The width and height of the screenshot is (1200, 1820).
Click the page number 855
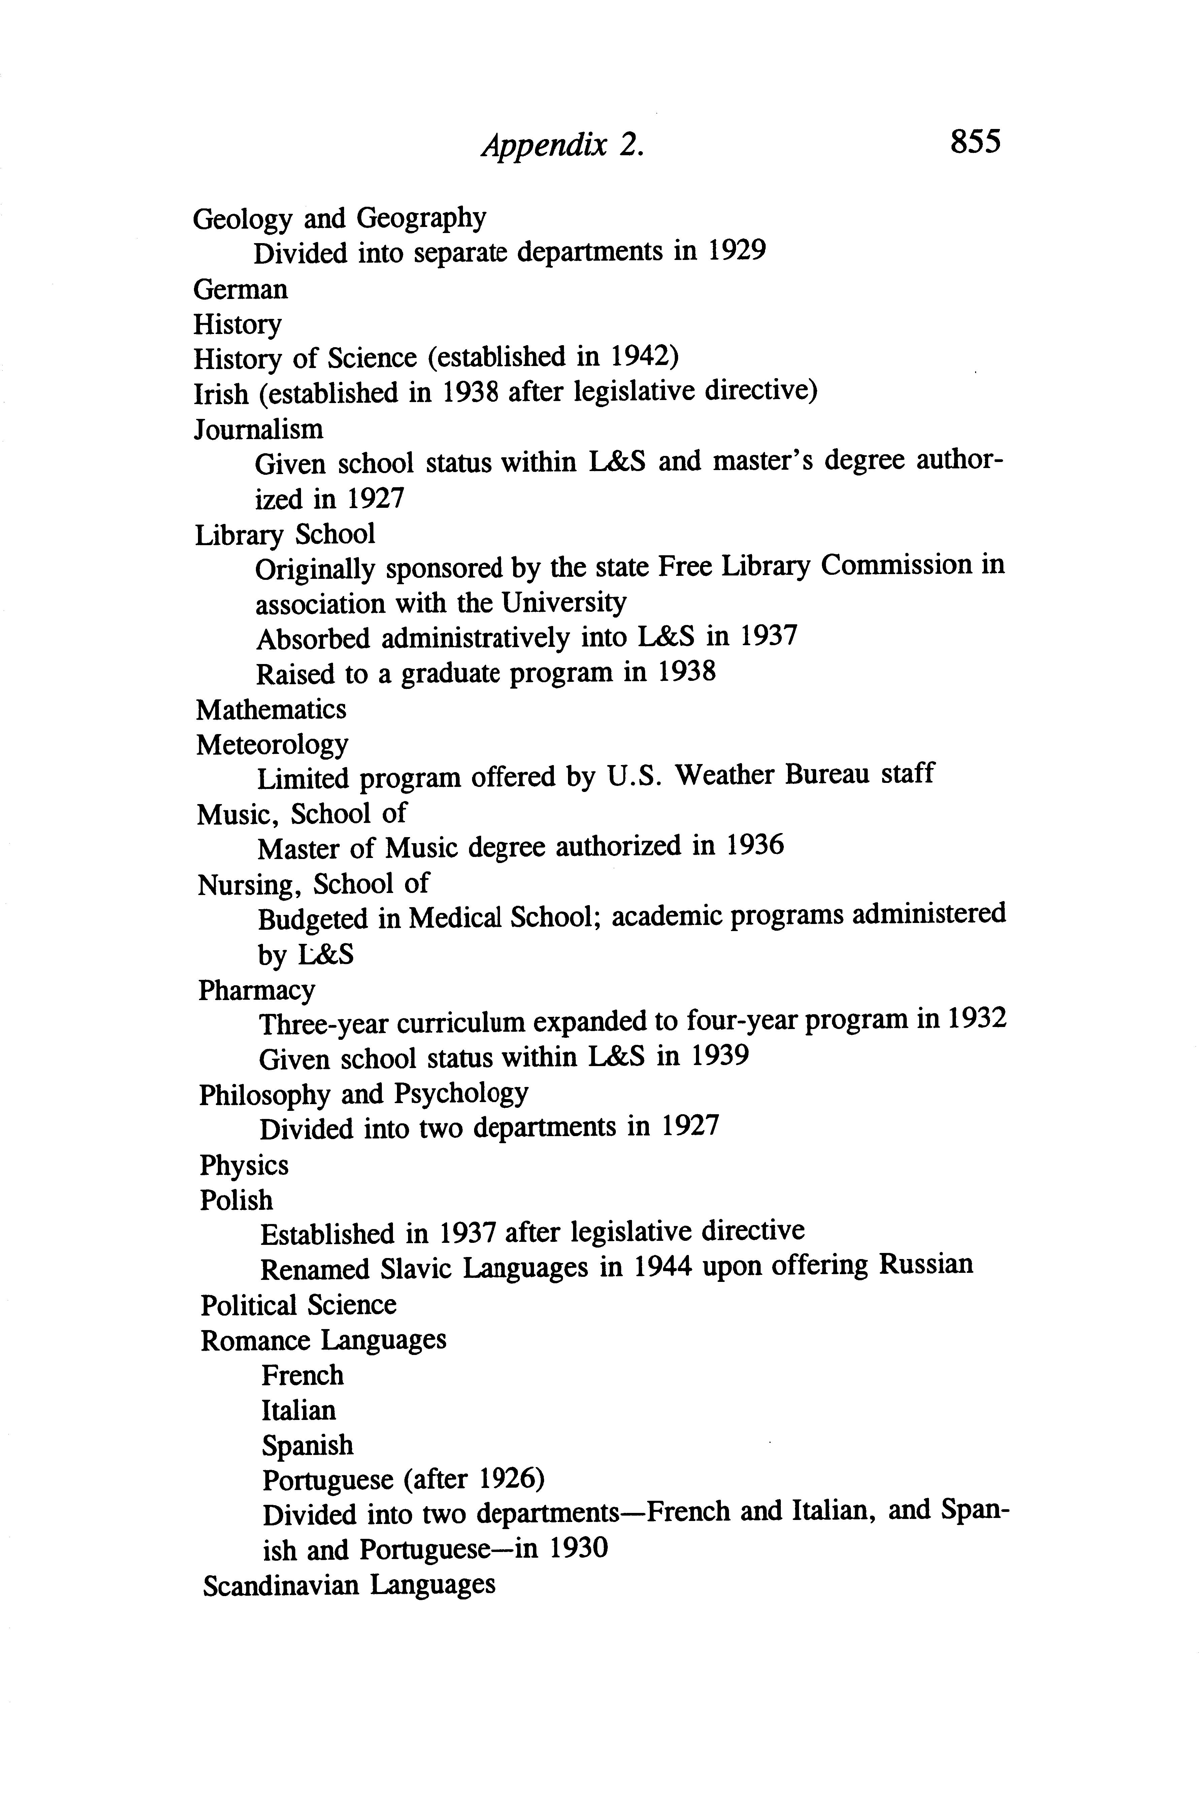click(x=975, y=142)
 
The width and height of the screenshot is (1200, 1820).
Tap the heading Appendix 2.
click(x=563, y=145)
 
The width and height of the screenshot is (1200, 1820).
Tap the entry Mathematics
click(x=271, y=709)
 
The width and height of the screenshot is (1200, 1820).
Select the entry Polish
click(x=236, y=1200)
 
